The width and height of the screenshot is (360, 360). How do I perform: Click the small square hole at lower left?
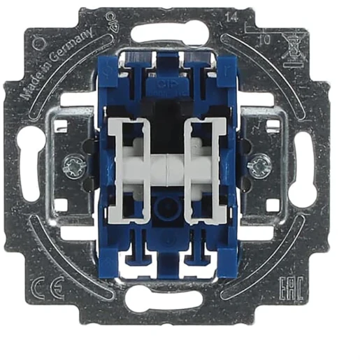61,204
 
